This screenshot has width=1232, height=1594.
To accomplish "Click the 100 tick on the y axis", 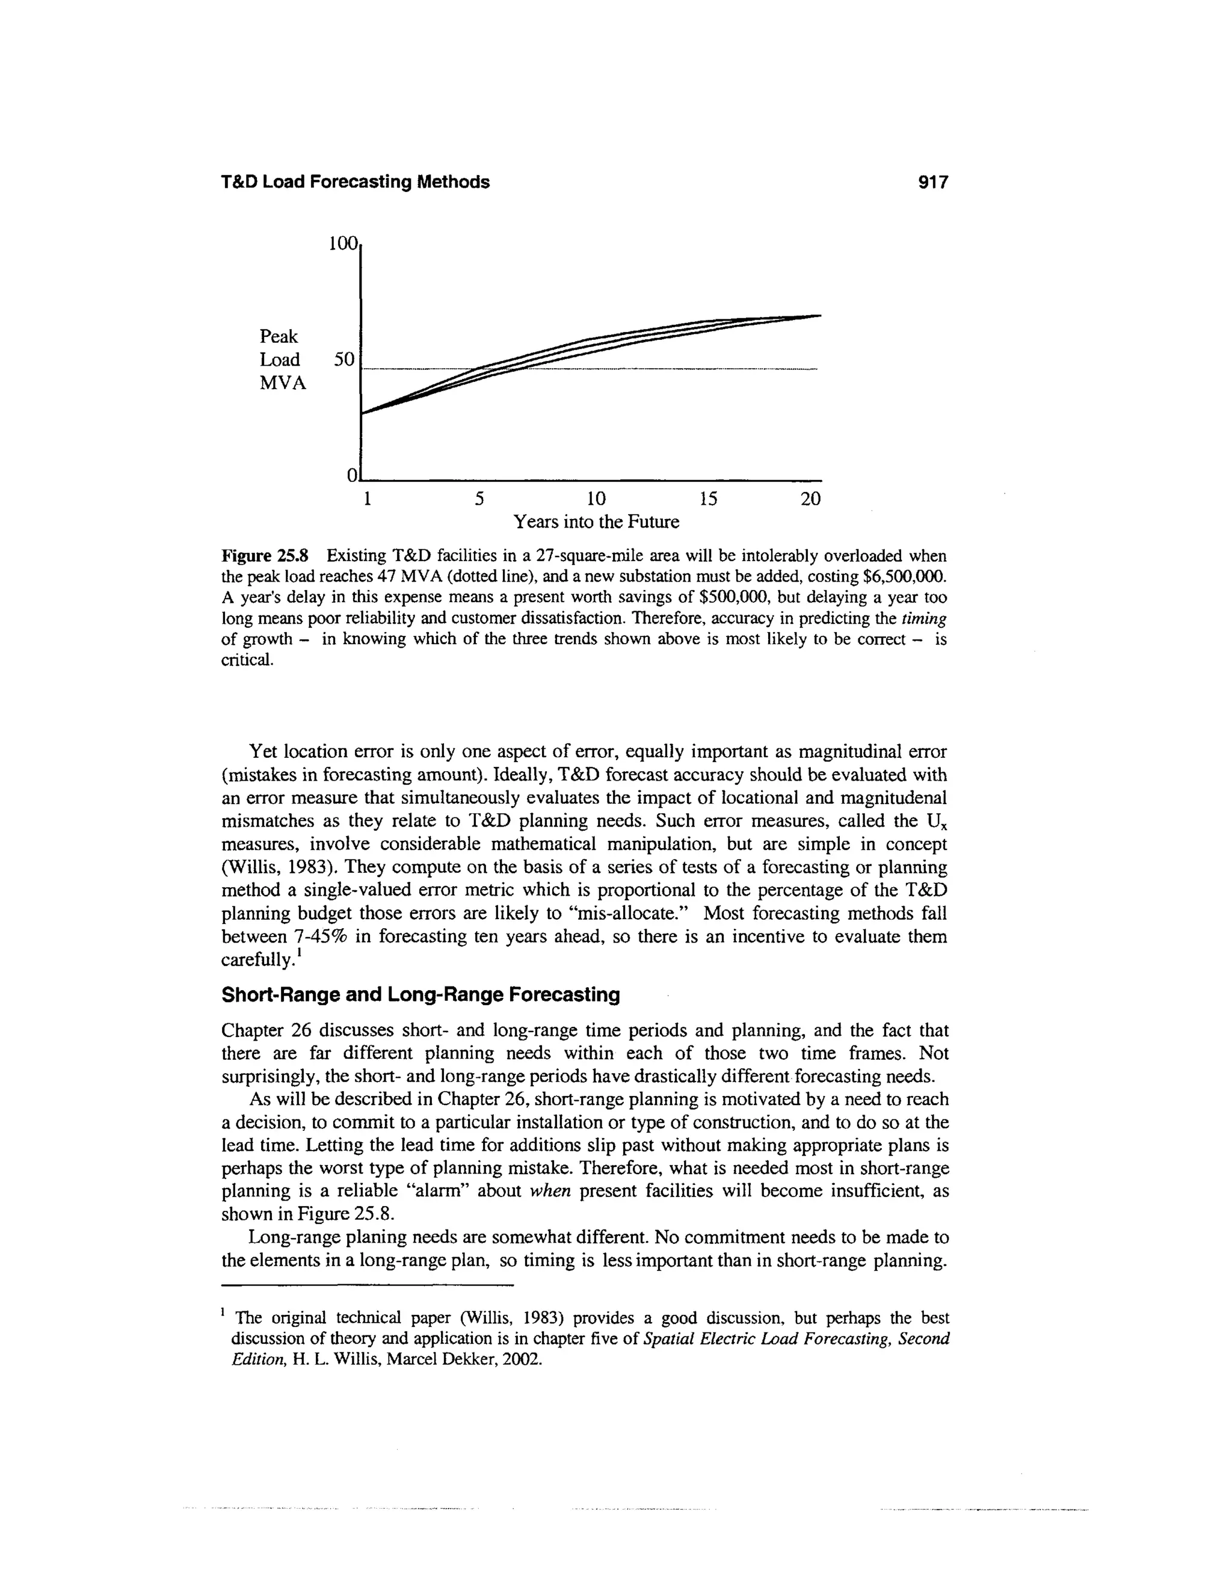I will pyautogui.click(x=343, y=243).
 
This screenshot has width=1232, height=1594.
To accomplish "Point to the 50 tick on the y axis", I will pyautogui.click(x=343, y=360).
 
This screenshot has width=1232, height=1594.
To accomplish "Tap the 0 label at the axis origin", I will pyautogui.click(x=352, y=476).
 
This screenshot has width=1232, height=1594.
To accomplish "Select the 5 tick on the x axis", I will pyautogui.click(x=479, y=499).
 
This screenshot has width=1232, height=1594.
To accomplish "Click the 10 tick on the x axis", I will pyautogui.click(x=596, y=499).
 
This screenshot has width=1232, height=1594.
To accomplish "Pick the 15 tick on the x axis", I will pyautogui.click(x=707, y=499).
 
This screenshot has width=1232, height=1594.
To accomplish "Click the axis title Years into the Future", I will pyautogui.click(x=596, y=523).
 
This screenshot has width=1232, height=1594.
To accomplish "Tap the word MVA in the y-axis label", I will pyautogui.click(x=283, y=383).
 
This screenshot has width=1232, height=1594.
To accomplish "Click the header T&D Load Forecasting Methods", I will pyautogui.click(x=355, y=182).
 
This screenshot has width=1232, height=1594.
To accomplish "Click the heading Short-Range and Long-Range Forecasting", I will pyautogui.click(x=420, y=995).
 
